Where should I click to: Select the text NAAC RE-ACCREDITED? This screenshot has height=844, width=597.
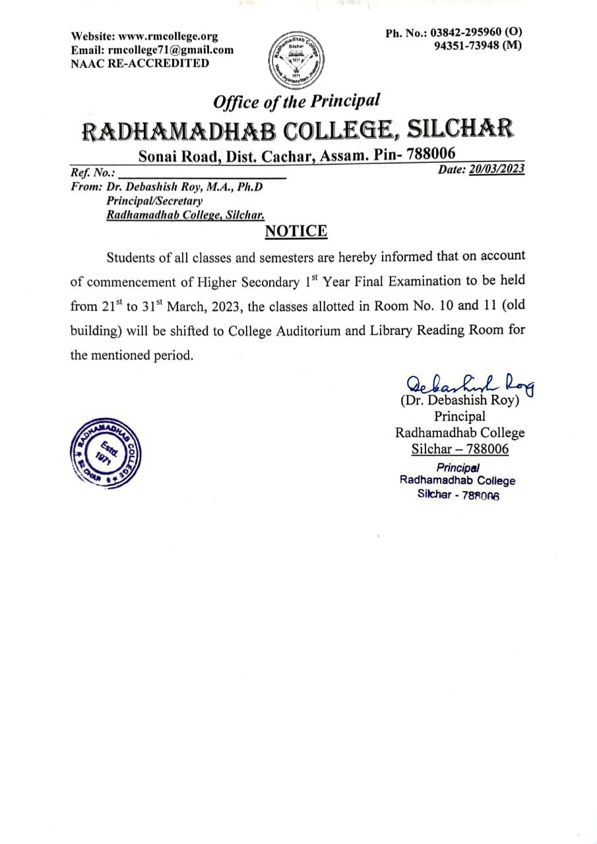[140, 63]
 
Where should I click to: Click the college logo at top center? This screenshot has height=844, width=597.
[295, 59]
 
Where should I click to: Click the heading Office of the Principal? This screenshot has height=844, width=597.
[296, 102]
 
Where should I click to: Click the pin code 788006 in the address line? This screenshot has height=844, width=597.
[431, 154]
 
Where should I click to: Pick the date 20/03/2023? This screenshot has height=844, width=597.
[497, 169]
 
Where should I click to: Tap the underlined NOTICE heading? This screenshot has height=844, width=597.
[296, 231]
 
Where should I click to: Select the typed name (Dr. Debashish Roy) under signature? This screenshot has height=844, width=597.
[460, 400]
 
